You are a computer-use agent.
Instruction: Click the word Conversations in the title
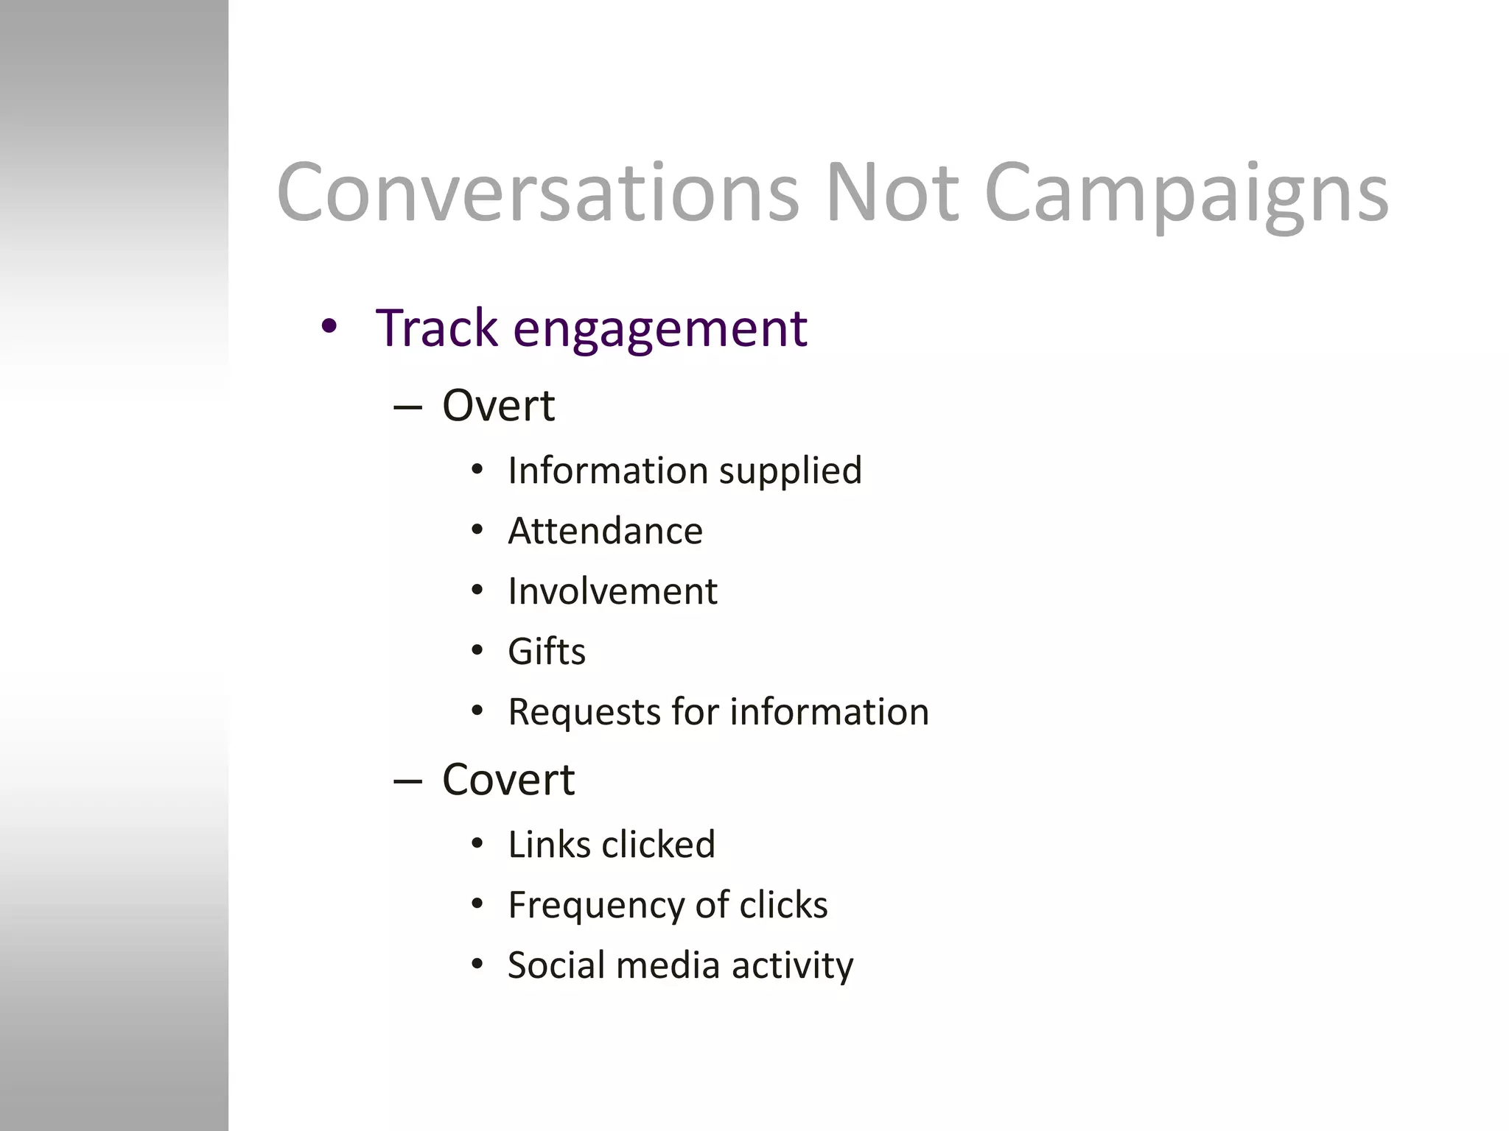pos(537,193)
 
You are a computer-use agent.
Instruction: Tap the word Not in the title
pos(892,193)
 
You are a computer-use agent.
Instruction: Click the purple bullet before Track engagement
pos(329,326)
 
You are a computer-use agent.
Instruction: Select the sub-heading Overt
pos(498,406)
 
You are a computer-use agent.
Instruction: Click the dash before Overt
pos(407,407)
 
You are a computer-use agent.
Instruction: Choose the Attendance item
pos(605,531)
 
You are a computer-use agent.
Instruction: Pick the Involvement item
pos(612,591)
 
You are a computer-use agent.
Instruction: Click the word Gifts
pos(547,652)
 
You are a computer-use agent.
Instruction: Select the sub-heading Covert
pos(508,780)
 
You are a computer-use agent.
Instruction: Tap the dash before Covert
pos(407,781)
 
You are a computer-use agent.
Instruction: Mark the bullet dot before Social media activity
pos(477,965)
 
